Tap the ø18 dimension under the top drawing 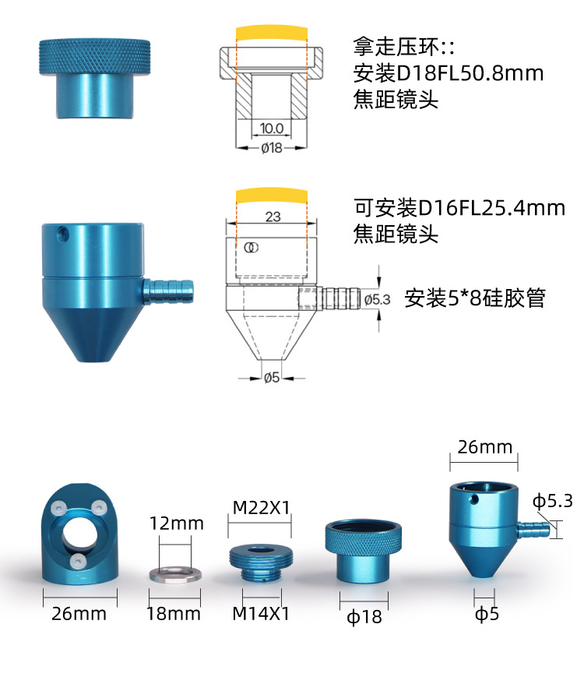coord(271,147)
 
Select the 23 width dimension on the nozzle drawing coord(273,217)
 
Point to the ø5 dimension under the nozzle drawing coord(272,378)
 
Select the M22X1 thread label coord(262,507)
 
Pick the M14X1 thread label coord(261,613)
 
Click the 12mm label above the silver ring coord(177,523)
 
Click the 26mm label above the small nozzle coord(485,446)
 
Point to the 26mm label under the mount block coord(79,613)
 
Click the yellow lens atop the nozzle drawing coord(272,193)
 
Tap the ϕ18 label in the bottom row coord(364,617)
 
